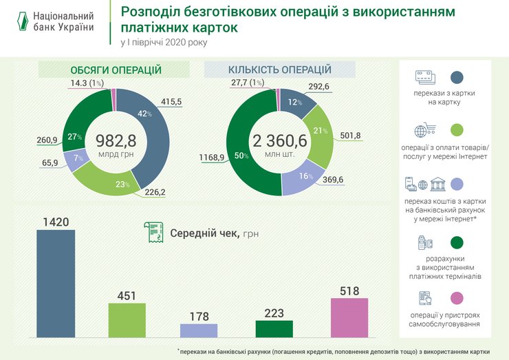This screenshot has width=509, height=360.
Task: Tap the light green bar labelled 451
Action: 127,320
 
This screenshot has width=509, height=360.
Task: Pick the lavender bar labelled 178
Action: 199,330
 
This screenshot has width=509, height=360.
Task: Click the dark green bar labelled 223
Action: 274,328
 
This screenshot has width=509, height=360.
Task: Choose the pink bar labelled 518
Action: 349,317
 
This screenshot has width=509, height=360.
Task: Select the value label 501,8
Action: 350,136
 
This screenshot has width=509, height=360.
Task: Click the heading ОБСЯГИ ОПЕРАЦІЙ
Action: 116,70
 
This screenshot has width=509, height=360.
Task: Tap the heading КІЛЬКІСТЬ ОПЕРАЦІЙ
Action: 280,70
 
